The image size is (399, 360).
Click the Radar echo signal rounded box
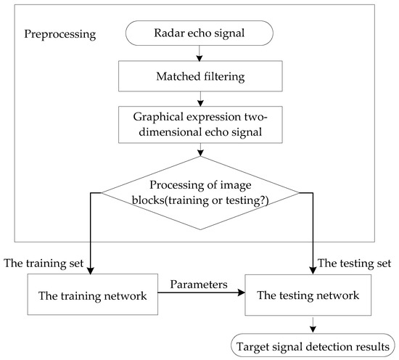pos(199,33)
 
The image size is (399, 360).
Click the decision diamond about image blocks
pos(199,193)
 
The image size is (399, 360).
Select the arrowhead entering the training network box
pos(89,270)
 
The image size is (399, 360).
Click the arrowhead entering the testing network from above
pos(313,270)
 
